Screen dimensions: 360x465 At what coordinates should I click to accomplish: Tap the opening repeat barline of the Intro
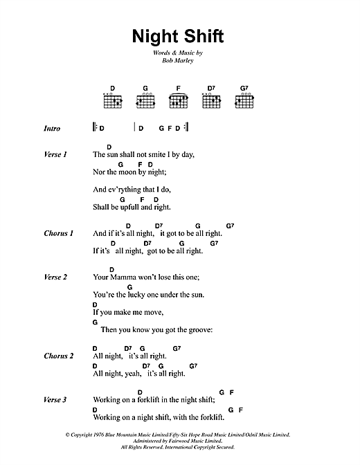(x=94, y=129)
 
